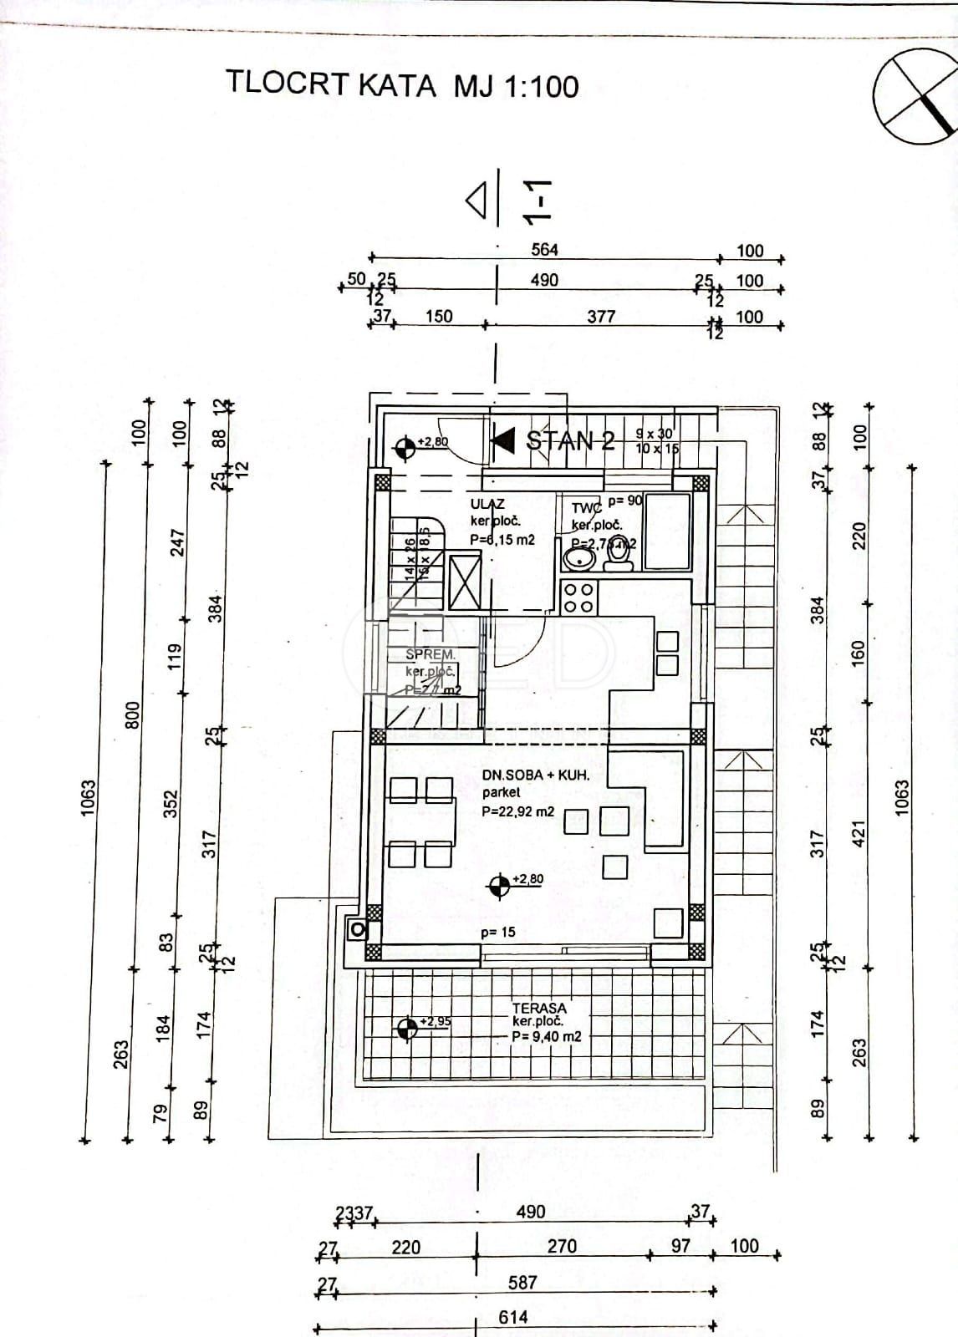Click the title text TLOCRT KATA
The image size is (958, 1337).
pyautogui.click(x=331, y=85)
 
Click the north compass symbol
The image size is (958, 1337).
pyautogui.click(x=914, y=97)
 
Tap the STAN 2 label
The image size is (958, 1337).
pyautogui.click(x=570, y=440)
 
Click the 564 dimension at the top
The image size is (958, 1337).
pyautogui.click(x=544, y=249)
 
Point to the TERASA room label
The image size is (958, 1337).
pyautogui.click(x=539, y=1009)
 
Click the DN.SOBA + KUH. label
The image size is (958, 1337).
pyautogui.click(x=536, y=775)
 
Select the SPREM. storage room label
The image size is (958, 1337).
pyautogui.click(x=431, y=655)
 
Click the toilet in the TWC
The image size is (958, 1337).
pyautogui.click(x=619, y=554)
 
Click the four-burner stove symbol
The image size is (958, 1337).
pyautogui.click(x=578, y=597)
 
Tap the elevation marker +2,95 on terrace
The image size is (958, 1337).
pyautogui.click(x=408, y=1029)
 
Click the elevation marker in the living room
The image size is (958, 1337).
pyautogui.click(x=500, y=887)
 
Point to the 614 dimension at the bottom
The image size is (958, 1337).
pyautogui.click(x=513, y=1317)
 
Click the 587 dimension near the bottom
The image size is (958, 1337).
pyautogui.click(x=522, y=1282)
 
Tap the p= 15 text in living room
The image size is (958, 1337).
pyautogui.click(x=497, y=932)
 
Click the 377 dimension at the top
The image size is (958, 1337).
pyautogui.click(x=601, y=316)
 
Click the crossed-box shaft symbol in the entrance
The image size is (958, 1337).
pyautogui.click(x=465, y=582)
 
